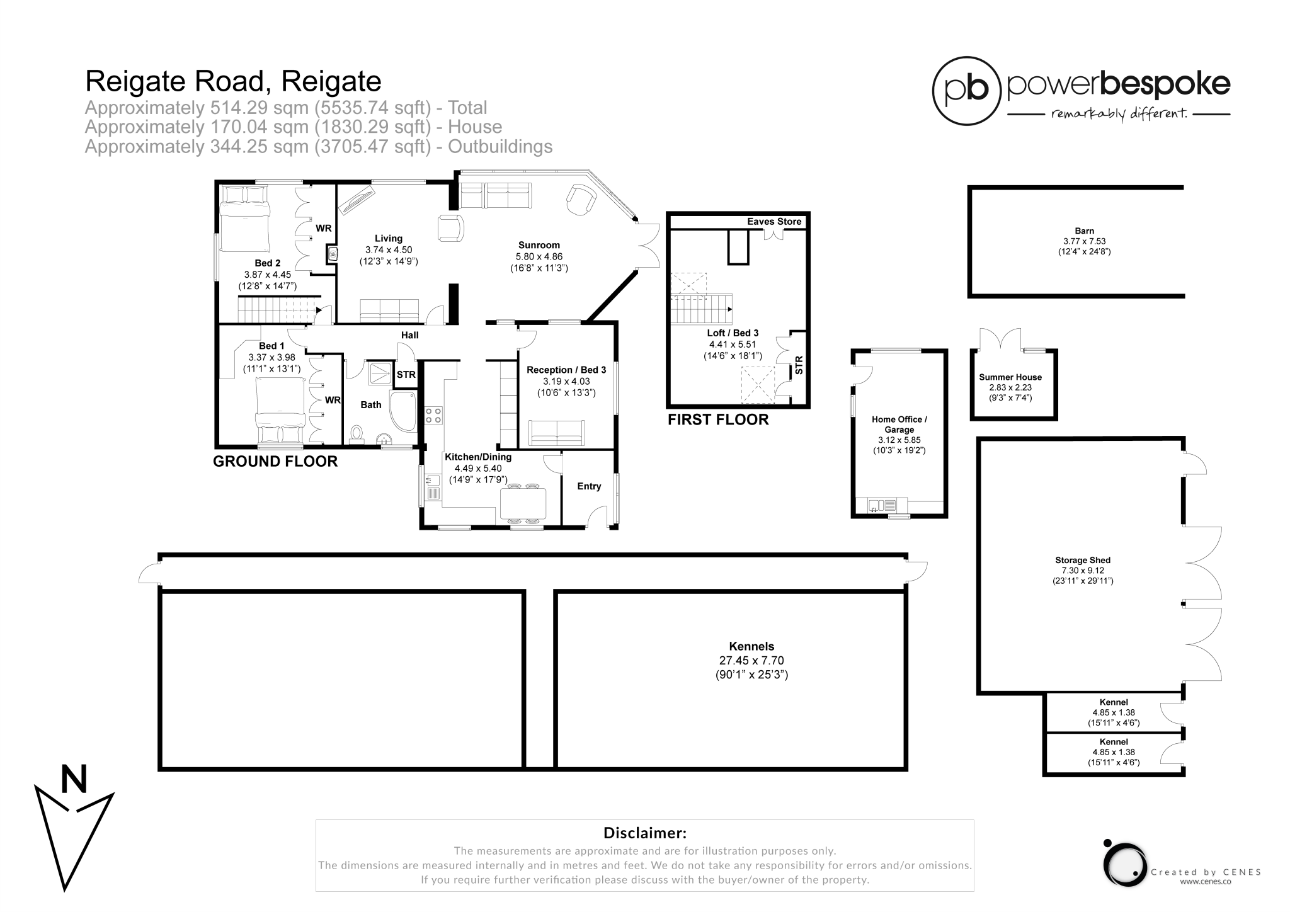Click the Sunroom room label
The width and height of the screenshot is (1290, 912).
pos(539,245)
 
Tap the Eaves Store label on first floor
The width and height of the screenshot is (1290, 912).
pos(773,222)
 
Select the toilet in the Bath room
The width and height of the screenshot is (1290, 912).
pos(357,434)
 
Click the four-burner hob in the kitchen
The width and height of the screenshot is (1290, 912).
pos(433,415)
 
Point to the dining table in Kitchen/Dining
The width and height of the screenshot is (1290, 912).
pos(523,503)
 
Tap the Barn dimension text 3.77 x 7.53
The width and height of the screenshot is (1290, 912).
pos(1084,241)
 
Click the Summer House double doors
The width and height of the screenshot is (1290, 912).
pos(1000,341)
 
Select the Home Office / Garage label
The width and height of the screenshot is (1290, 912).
pos(899,425)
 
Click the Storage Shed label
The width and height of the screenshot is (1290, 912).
pos(1082,560)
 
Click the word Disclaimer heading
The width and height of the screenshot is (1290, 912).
pos(644,833)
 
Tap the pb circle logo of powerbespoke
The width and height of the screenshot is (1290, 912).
pos(967,91)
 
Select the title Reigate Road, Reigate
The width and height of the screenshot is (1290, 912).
pos(233,81)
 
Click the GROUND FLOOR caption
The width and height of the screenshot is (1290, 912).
pos(275,461)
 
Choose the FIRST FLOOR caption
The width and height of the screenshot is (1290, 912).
pos(718,419)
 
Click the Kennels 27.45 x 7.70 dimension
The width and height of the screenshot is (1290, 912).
pos(751,661)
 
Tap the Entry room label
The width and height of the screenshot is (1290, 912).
pos(589,486)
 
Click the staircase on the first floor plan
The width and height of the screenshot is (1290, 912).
pos(700,309)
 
